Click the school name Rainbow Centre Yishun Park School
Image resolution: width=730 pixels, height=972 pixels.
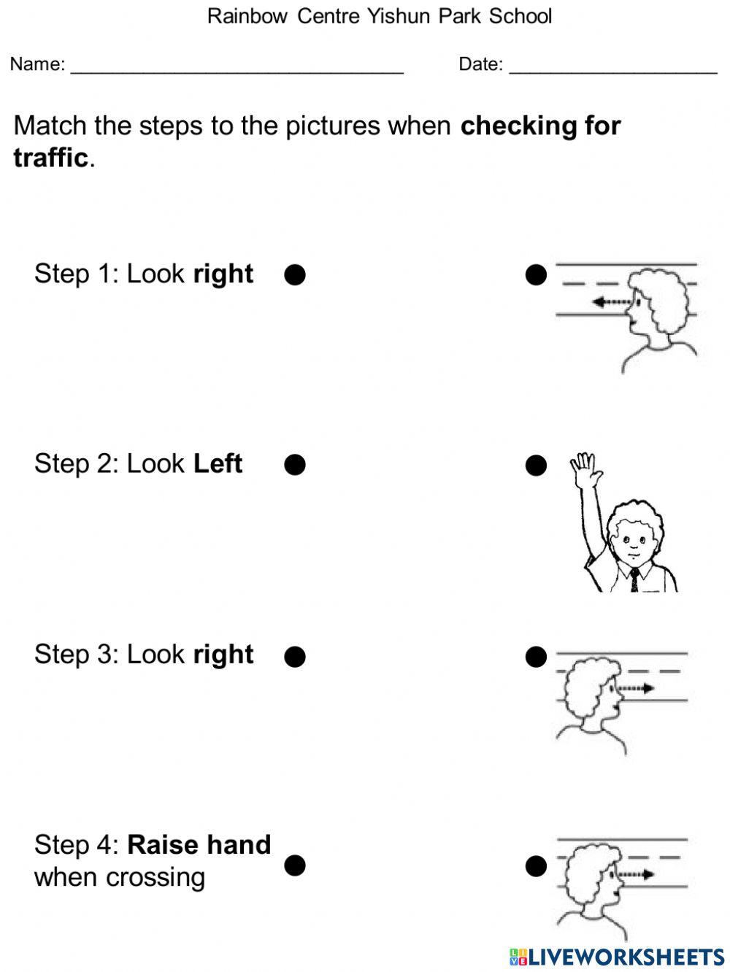tap(379, 16)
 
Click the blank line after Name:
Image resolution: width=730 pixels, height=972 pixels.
tap(237, 67)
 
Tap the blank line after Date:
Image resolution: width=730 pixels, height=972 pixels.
tap(612, 67)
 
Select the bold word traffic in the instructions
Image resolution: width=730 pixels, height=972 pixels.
tap(50, 157)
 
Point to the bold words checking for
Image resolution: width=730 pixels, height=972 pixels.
tap(540, 126)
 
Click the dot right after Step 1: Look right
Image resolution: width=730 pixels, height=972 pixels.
tap(294, 275)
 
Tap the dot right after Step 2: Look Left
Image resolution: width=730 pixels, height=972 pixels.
tap(294, 465)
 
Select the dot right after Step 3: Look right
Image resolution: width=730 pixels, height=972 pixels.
tap(294, 657)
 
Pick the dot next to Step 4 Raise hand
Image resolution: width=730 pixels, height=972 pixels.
tap(294, 865)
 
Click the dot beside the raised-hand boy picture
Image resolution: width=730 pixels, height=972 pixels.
tap(536, 465)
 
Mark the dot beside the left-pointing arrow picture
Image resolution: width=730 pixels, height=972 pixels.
tap(536, 275)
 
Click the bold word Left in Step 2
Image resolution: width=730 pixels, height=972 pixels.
tap(218, 463)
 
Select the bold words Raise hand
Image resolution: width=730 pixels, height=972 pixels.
tap(199, 844)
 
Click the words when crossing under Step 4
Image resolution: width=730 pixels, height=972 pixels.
tap(119, 876)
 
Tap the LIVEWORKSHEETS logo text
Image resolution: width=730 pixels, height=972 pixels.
tap(617, 957)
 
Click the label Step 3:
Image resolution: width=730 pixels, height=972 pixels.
tap(76, 654)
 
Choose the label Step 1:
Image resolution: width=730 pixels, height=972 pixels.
tap(76, 274)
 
